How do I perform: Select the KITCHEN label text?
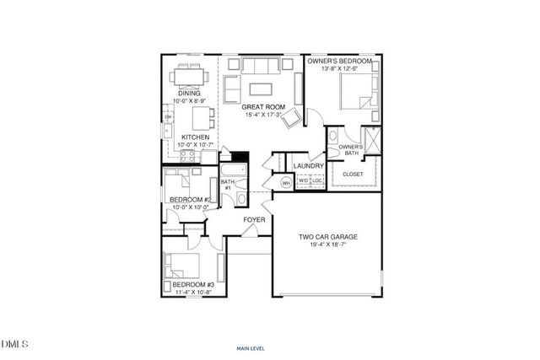(x=195, y=137)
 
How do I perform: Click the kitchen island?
(x=200, y=116)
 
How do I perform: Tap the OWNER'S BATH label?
(x=351, y=150)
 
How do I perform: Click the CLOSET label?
(x=352, y=175)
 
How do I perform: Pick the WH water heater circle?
(x=286, y=182)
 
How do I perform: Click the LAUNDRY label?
(x=303, y=166)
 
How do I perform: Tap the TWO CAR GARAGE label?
(x=328, y=238)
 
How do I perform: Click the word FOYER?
(x=255, y=220)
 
